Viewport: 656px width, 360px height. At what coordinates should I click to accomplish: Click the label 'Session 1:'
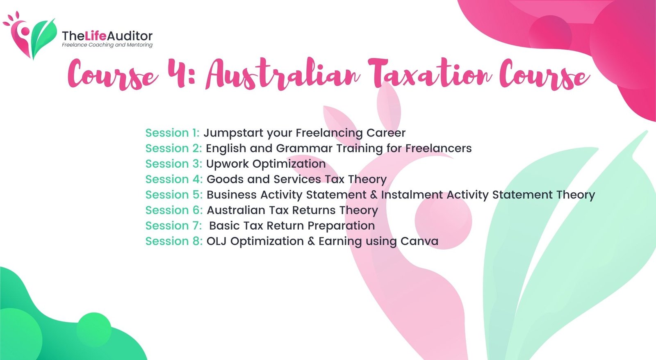point(172,133)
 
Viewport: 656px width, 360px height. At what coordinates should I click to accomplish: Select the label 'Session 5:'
point(174,194)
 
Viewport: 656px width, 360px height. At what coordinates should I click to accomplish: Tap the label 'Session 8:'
point(174,241)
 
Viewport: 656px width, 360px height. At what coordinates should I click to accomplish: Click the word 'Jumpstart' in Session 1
point(233,133)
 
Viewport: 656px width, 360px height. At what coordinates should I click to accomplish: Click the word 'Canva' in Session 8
point(419,241)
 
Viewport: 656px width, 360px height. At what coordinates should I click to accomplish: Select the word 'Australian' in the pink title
point(283,73)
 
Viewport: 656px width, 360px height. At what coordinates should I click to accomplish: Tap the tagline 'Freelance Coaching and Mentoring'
point(107,45)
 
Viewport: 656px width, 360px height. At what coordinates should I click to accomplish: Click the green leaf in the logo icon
point(43,38)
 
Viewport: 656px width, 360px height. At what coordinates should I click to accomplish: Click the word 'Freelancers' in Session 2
point(438,148)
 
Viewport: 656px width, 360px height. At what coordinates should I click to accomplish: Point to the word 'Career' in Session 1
point(386,133)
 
